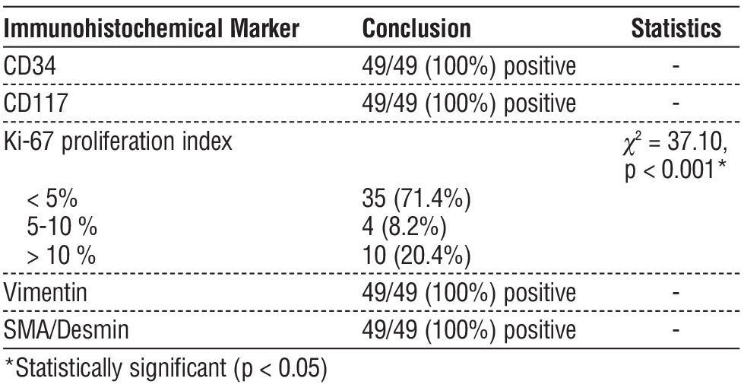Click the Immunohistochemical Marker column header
[151, 29]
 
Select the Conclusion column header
[416, 29]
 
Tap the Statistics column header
[676, 29]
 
